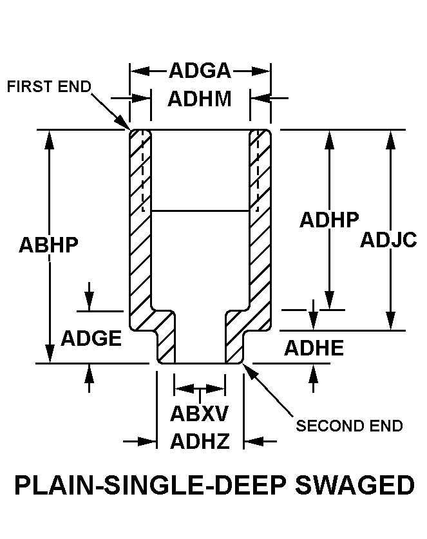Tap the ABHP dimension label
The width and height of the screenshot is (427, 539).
[48, 245]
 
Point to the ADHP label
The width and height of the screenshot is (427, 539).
[329, 220]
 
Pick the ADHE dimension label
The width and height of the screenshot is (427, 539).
[314, 348]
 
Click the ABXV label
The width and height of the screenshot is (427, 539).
[200, 413]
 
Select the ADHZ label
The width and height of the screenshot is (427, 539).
[200, 441]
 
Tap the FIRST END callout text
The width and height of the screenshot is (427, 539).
[49, 87]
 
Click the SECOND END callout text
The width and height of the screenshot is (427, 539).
[349, 426]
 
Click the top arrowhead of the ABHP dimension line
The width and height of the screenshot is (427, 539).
[50, 137]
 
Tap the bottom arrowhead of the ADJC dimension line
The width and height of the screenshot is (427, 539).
[390, 322]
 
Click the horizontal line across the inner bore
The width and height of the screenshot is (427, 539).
[200, 211]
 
